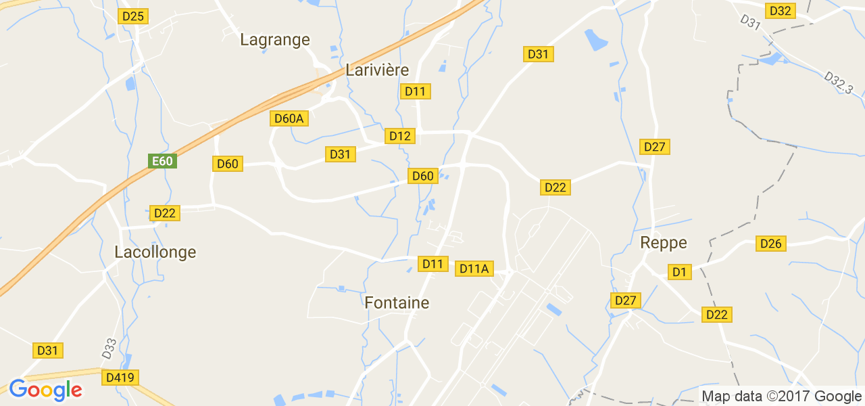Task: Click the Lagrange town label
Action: (x=275, y=40)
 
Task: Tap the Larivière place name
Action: (x=377, y=70)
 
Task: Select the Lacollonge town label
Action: (x=155, y=252)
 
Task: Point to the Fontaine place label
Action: (x=397, y=302)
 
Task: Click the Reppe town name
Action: (x=663, y=243)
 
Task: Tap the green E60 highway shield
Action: (x=162, y=161)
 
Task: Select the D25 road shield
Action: (x=133, y=16)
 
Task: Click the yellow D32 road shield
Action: (x=781, y=11)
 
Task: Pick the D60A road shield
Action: (x=290, y=118)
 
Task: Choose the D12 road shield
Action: (x=399, y=136)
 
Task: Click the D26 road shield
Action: (x=771, y=244)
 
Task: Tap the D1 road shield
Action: (x=680, y=272)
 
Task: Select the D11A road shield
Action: (x=474, y=269)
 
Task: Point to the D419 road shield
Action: (x=120, y=377)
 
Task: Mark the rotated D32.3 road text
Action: (x=839, y=84)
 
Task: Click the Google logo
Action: (x=45, y=390)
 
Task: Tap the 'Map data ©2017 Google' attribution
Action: (x=781, y=397)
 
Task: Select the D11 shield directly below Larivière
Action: (x=416, y=91)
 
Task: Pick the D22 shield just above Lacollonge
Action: (x=164, y=213)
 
